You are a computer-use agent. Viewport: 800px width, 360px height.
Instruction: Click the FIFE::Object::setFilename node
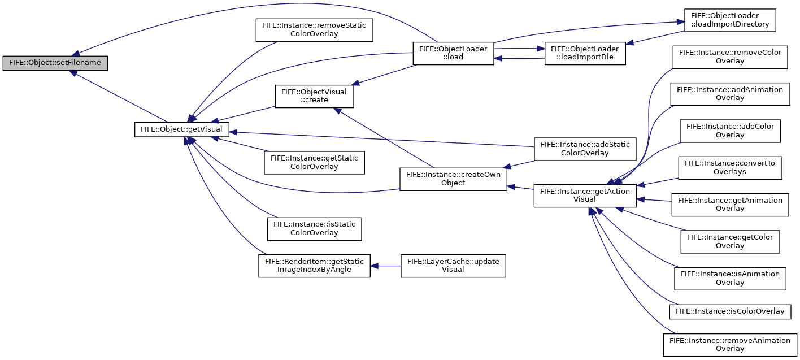(55, 63)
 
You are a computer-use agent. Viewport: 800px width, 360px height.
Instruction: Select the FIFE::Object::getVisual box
(181, 129)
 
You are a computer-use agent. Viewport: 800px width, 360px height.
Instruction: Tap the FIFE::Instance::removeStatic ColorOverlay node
(314, 30)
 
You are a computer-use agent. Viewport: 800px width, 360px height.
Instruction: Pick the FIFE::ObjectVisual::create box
(314, 96)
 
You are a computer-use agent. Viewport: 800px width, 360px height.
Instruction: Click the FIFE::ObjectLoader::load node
(453, 53)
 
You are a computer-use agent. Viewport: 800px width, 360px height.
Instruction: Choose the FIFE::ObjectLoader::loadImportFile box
(585, 53)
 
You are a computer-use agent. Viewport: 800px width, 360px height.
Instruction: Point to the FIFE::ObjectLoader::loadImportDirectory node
(730, 20)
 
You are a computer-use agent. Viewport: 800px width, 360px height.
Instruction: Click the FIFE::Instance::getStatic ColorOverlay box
(314, 163)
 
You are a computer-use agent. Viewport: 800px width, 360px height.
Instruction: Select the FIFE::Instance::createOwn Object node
(453, 179)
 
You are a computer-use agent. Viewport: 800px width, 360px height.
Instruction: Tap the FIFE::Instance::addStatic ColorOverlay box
(585, 149)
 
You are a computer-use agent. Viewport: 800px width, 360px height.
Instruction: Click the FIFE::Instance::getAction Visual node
(585, 196)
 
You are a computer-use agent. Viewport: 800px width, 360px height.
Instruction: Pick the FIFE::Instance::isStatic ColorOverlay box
(314, 229)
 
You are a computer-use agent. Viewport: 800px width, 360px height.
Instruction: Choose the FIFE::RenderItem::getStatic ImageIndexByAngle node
(314, 266)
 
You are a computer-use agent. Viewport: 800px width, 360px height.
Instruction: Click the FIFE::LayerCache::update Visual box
(453, 266)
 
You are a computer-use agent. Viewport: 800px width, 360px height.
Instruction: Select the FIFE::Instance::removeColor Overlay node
(730, 57)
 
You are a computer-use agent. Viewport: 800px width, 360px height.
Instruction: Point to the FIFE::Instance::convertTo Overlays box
(730, 168)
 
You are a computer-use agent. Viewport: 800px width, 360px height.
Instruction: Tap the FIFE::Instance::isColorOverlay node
(730, 312)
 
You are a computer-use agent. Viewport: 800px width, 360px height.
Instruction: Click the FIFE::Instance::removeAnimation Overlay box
(730, 345)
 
